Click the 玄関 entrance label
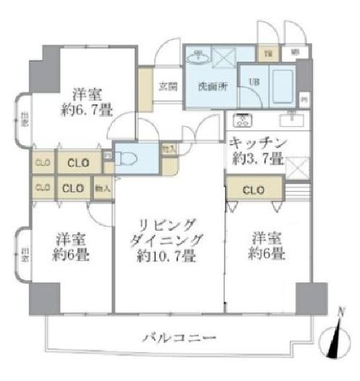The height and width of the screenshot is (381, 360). coord(167,85)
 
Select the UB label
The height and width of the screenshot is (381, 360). coord(255,82)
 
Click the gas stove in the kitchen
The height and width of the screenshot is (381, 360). coord(240,120)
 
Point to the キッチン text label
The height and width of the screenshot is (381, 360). coord(259,142)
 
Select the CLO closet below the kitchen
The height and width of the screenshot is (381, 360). coord(251,191)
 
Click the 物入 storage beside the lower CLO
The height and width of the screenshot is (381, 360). coord(102,188)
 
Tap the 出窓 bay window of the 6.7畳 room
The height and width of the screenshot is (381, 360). coord(24,118)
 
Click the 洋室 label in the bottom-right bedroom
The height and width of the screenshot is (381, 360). coord(267,238)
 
